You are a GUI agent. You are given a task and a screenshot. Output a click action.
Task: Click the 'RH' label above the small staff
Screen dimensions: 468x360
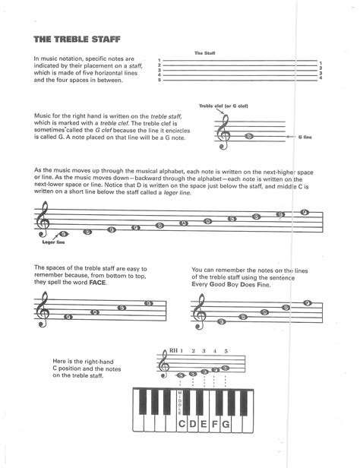[174, 351]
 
